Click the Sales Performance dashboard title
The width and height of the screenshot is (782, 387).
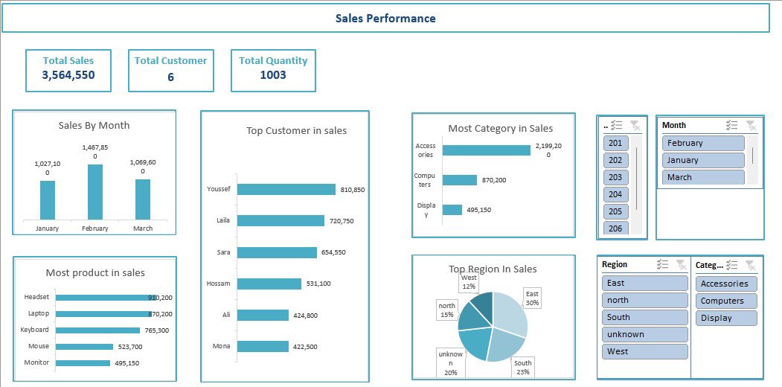(385, 19)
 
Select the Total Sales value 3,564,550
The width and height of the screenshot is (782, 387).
(68, 75)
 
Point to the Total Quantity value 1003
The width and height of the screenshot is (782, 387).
(273, 75)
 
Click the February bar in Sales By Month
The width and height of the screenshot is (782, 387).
(95, 192)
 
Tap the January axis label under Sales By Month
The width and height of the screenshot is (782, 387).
(47, 228)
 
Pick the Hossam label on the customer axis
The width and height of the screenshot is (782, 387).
(218, 284)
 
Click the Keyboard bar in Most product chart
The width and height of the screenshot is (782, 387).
(97, 330)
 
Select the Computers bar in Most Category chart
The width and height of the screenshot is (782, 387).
(459, 180)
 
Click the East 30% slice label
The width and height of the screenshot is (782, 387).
(532, 298)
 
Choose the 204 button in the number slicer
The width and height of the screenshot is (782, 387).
(615, 194)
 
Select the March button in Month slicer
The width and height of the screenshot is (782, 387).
(702, 177)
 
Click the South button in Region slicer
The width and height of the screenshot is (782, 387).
(644, 317)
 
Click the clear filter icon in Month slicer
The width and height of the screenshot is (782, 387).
(751, 125)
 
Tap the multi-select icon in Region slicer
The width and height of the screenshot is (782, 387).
(662, 264)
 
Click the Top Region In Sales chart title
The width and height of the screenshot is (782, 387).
(493, 269)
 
